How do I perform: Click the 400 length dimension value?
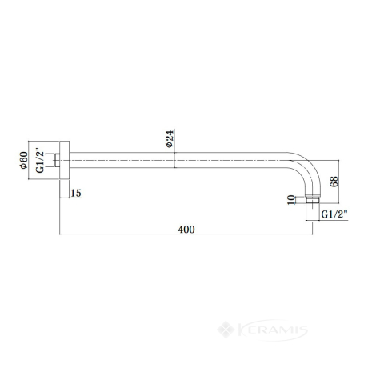186,230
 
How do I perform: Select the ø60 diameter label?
23,160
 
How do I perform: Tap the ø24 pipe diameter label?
170,138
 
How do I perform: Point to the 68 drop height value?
334,182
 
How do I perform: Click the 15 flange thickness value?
76,193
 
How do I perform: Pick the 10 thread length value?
292,200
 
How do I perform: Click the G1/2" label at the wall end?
40,160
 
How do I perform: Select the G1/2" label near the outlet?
334,214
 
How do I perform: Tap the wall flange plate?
64,160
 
